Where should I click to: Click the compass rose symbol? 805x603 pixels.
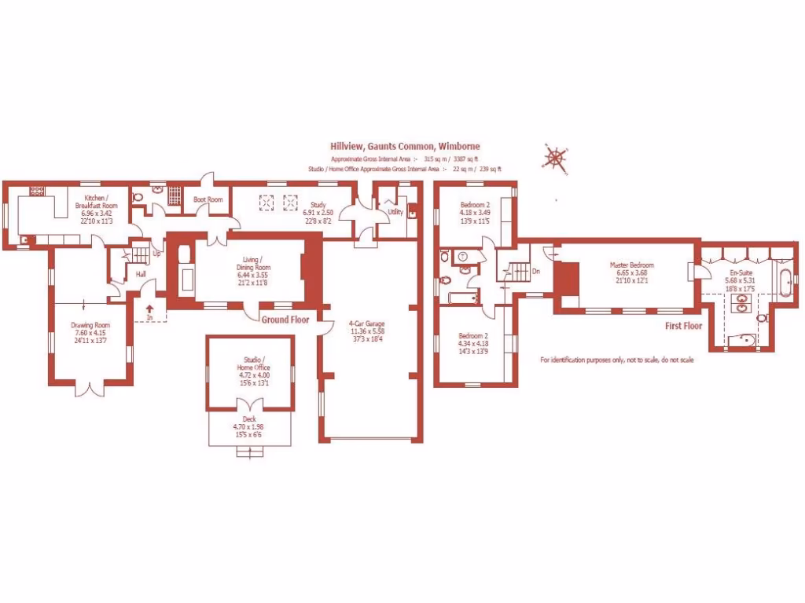(555, 158)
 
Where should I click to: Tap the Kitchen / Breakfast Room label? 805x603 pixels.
(101, 199)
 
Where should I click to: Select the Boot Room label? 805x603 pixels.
(208, 199)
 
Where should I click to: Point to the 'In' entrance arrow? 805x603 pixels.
(149, 312)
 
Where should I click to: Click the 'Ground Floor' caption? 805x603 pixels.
(285, 320)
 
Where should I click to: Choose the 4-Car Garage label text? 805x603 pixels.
(368, 323)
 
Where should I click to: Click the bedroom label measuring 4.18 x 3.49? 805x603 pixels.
(475, 206)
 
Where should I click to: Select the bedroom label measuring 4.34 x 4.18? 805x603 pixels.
(474, 335)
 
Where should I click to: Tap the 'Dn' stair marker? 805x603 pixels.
(536, 272)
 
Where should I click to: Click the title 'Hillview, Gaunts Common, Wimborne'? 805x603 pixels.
(405, 146)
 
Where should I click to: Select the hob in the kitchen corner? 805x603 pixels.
(37, 191)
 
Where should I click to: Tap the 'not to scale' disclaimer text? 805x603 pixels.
(616, 360)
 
